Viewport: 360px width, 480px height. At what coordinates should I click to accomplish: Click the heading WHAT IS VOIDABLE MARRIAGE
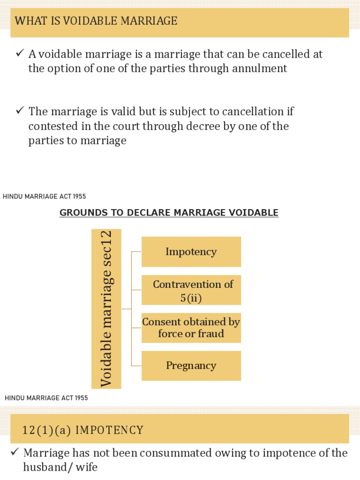tap(96, 21)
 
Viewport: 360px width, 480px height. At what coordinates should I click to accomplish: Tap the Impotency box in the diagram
tap(191, 252)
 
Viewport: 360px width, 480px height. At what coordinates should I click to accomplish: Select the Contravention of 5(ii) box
tap(191, 290)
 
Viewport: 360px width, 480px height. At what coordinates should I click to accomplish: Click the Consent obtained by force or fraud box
tap(191, 328)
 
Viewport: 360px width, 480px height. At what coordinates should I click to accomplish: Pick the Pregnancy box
tap(191, 366)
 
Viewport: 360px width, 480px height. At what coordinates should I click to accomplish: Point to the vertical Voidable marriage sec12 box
tap(106, 309)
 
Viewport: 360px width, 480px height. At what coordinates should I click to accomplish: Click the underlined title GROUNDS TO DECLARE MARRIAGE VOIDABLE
tap(169, 213)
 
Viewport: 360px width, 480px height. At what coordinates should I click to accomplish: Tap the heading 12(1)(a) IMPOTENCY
tap(82, 430)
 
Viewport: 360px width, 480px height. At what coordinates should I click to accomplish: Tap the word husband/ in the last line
tap(47, 467)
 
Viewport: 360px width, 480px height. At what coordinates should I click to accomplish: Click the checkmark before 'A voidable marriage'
tap(20, 54)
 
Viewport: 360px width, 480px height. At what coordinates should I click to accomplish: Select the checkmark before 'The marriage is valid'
tap(20, 111)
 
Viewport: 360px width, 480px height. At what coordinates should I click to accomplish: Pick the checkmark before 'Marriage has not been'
tap(15, 452)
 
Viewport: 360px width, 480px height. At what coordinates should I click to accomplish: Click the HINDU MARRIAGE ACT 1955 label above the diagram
tap(45, 197)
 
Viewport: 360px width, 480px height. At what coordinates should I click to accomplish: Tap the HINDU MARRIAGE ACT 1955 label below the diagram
tap(46, 398)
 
